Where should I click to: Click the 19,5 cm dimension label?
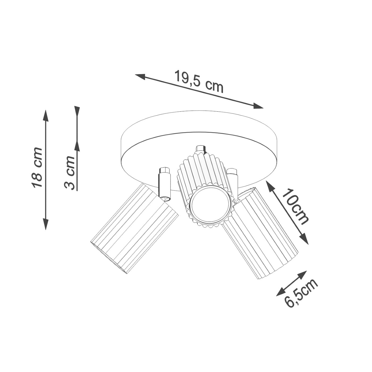tap(199, 82)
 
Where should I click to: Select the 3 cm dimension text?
tap(70, 173)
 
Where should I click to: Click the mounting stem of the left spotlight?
tap(164, 183)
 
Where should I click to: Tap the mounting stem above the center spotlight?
tap(201, 149)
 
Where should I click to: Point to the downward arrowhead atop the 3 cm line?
tap(77, 111)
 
